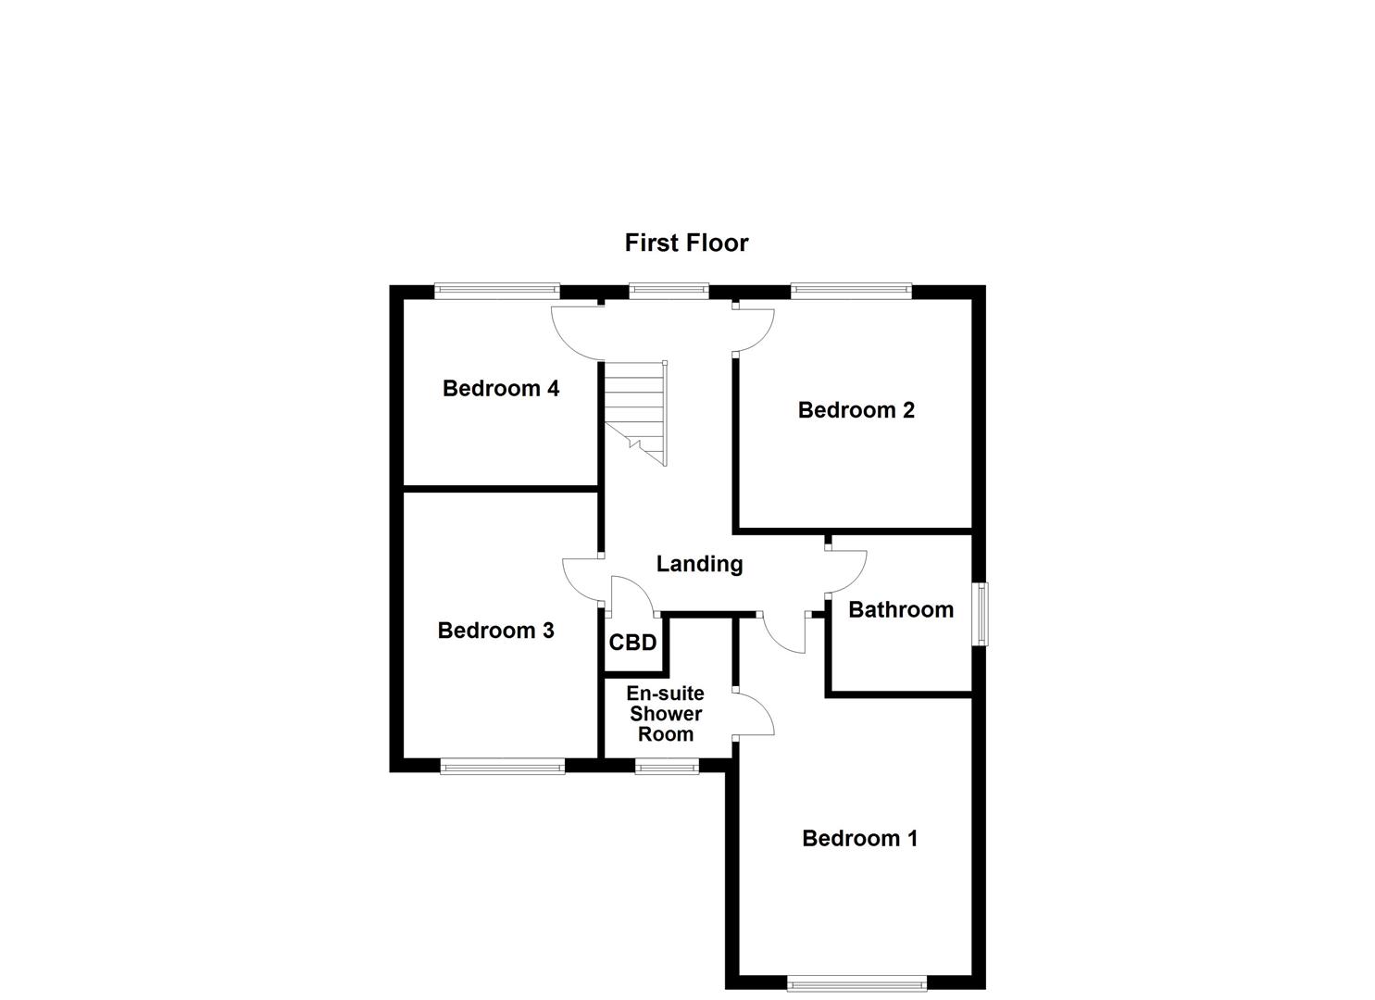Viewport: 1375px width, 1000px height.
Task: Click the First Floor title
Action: click(686, 243)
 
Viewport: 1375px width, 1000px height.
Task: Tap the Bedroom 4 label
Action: click(500, 388)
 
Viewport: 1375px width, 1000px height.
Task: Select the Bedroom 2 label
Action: click(856, 409)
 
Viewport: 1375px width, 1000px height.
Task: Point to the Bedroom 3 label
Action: click(495, 631)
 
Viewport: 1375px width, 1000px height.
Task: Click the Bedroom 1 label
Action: click(859, 838)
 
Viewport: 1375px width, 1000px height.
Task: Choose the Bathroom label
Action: click(900, 609)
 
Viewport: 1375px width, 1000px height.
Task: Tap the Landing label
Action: click(699, 563)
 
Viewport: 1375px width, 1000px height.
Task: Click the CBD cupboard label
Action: click(632, 643)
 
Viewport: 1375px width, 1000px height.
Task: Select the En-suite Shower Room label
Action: click(665, 714)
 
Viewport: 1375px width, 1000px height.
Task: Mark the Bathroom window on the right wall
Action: click(980, 613)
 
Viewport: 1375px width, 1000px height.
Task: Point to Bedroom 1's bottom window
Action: click(856, 983)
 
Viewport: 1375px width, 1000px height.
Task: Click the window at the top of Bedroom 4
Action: click(497, 291)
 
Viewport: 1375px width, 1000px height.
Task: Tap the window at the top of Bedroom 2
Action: click(852, 291)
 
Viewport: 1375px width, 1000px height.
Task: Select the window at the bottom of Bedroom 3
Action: click(502, 766)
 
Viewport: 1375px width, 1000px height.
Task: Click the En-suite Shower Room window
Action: click(667, 766)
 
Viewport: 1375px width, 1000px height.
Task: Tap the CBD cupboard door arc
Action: click(631, 594)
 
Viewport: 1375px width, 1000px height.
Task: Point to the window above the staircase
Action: click(669, 291)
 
